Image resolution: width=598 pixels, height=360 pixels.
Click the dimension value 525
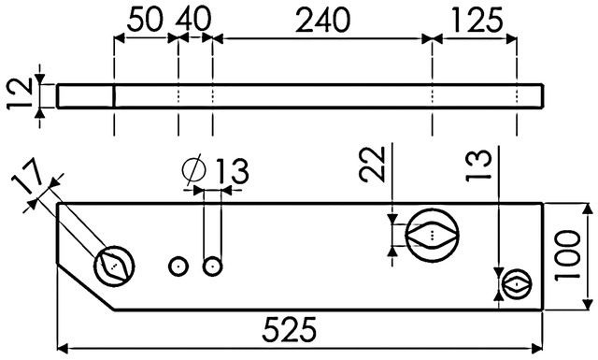pos(289,329)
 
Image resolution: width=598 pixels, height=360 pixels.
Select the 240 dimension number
pos(322,21)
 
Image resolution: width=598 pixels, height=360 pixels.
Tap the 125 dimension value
pos(477,21)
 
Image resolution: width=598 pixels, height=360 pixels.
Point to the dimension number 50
pos(145,21)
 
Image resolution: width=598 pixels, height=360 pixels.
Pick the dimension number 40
pos(193,21)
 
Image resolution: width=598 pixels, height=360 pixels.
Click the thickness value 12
pos(21,94)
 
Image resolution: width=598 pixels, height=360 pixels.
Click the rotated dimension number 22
pos(372,164)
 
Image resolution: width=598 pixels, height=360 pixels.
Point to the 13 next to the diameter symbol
pos(233,171)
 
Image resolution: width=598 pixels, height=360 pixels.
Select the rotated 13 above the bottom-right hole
pos(478,165)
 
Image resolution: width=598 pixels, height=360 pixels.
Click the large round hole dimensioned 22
pos(432,235)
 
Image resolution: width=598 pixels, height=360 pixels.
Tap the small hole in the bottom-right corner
pos(517,284)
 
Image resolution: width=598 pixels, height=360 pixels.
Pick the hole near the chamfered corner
pos(114,266)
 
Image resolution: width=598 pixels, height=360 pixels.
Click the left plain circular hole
pos(178,266)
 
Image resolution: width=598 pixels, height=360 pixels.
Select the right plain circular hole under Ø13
pos(213,266)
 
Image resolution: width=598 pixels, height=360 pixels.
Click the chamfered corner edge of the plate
pos(86,286)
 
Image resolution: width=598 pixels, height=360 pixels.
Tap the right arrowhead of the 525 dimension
pos(537,348)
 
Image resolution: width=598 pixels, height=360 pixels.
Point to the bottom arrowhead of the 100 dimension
pos(589,305)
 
